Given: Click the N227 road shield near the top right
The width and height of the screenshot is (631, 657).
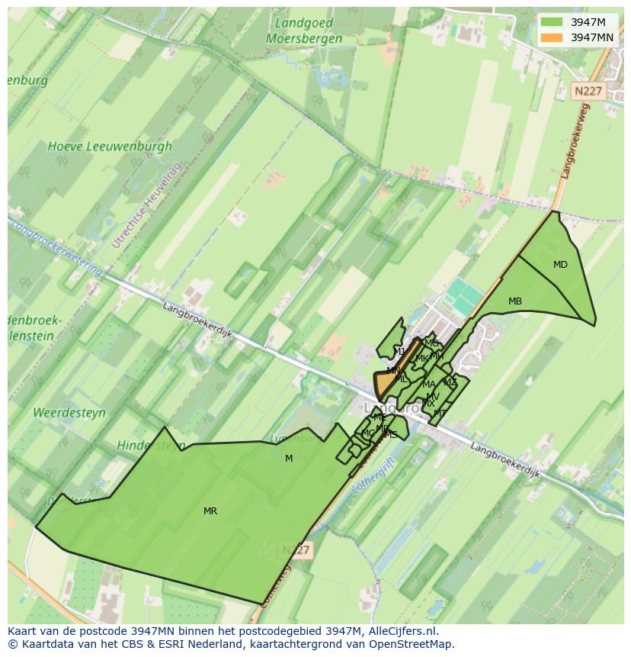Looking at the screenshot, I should (x=588, y=91).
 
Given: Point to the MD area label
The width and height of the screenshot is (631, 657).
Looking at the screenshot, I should (x=560, y=265).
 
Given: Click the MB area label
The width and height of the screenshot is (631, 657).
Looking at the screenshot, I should (x=515, y=301).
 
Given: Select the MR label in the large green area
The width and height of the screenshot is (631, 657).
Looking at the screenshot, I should (x=210, y=511).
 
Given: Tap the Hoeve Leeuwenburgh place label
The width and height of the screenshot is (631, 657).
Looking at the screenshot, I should (x=110, y=146).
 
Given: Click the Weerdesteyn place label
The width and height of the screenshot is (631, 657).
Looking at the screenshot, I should (x=69, y=413).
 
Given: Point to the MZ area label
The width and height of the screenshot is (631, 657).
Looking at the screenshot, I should (x=450, y=382).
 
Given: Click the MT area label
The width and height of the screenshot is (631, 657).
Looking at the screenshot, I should (x=440, y=414).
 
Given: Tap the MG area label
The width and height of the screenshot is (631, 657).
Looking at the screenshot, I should (x=431, y=343).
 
